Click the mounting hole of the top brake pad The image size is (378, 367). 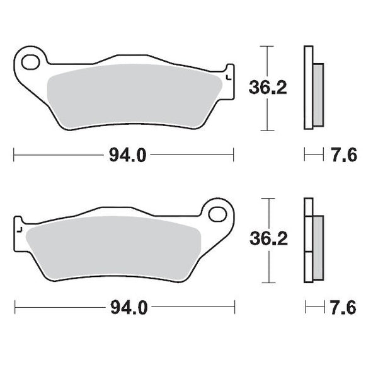(30, 62)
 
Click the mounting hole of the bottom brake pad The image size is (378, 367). (219, 213)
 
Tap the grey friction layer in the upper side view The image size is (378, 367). (318, 94)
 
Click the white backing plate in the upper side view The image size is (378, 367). (308, 88)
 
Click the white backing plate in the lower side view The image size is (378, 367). (307, 240)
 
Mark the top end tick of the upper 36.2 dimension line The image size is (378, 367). (268, 47)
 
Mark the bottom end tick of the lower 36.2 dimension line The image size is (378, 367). (269, 282)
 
